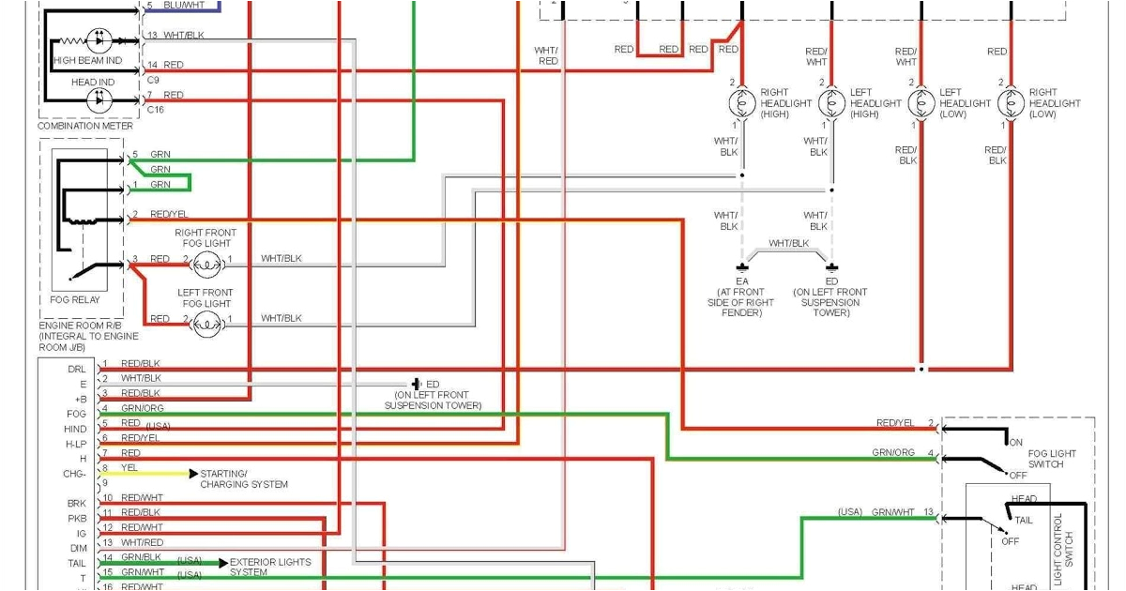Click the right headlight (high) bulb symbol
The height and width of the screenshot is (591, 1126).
pyautogui.click(x=742, y=103)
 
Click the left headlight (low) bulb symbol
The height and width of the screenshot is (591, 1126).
pyautogui.click(x=922, y=103)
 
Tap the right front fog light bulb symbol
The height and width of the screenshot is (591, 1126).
pyautogui.click(x=207, y=265)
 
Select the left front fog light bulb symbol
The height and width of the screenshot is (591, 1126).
pyautogui.click(x=207, y=325)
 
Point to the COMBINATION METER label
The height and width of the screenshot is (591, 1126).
pyautogui.click(x=85, y=126)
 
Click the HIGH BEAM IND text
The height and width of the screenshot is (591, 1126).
pyautogui.click(x=88, y=60)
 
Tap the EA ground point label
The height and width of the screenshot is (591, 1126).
pyautogui.click(x=742, y=280)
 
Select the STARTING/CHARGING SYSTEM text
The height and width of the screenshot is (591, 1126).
pyautogui.click(x=244, y=479)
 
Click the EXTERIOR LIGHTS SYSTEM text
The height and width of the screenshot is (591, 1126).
pyautogui.click(x=270, y=567)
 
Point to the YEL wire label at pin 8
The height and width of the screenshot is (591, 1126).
pyautogui.click(x=129, y=467)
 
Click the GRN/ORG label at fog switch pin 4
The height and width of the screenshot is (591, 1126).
pyautogui.click(x=892, y=453)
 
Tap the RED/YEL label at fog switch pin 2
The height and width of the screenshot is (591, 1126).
pyautogui.click(x=894, y=423)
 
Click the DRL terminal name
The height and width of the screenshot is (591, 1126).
pyautogui.click(x=77, y=369)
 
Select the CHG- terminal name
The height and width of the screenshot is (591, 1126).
pyautogui.click(x=75, y=474)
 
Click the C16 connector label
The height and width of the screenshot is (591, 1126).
pyautogui.click(x=155, y=110)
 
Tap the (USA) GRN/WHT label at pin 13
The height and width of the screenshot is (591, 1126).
pyautogui.click(x=879, y=512)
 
